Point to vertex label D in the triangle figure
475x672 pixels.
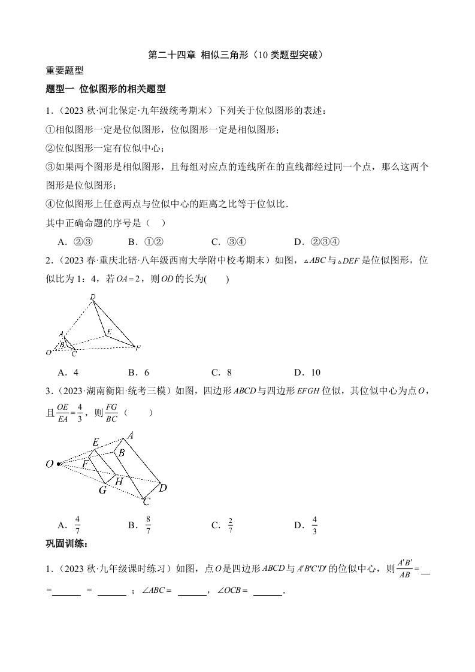[x=92, y=297]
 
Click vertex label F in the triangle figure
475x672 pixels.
[x=138, y=347]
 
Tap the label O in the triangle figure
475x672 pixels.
[x=49, y=353]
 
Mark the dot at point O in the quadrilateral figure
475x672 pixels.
[x=58, y=464]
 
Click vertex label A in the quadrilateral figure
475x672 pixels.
[x=130, y=435]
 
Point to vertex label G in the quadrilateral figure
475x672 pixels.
[x=102, y=490]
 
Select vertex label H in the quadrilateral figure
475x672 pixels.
[x=119, y=481]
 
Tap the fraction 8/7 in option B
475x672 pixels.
[x=148, y=525]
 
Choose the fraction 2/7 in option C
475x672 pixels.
[x=231, y=525]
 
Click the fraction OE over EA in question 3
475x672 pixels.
[x=63, y=413]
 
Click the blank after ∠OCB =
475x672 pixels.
[x=267, y=594]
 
